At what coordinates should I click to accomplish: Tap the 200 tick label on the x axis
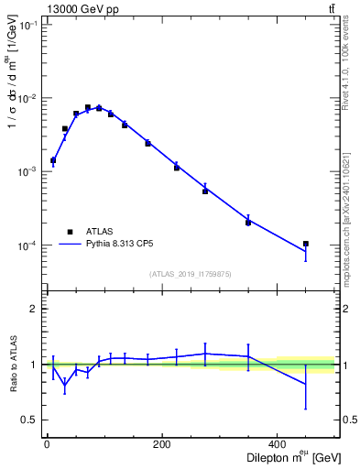(161, 445)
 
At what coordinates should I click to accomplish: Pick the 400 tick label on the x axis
(277, 445)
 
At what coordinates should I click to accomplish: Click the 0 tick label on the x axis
(47, 445)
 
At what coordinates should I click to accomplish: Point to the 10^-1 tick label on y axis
(28, 26)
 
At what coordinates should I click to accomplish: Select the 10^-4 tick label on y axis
(28, 245)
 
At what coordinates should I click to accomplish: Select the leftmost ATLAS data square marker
(53, 159)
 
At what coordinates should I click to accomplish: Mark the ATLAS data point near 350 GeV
(248, 223)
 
